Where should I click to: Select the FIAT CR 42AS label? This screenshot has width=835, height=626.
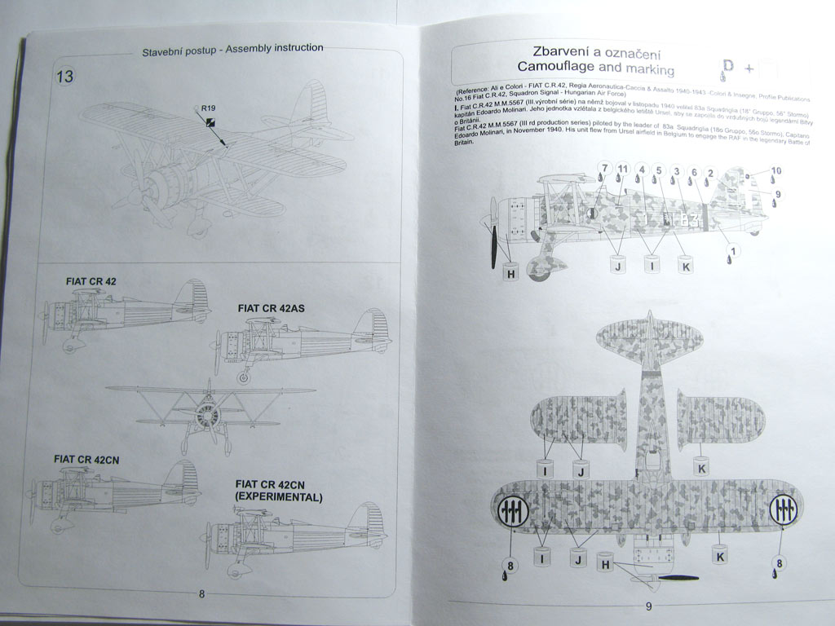point(271,308)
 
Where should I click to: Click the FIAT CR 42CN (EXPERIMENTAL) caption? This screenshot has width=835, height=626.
point(278,490)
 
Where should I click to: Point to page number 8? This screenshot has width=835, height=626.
point(201,593)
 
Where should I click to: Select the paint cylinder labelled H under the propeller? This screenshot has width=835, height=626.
point(510,273)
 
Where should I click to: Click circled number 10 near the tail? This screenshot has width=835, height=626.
point(775,171)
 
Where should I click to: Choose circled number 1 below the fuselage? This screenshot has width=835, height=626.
point(732,250)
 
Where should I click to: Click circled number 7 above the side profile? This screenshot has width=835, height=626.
point(604,169)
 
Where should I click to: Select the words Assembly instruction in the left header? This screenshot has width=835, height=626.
point(274,48)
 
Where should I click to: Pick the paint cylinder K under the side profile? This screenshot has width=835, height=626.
point(684,265)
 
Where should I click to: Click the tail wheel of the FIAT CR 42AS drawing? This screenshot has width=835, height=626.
point(244,377)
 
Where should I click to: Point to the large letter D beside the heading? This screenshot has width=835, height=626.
point(728,66)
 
